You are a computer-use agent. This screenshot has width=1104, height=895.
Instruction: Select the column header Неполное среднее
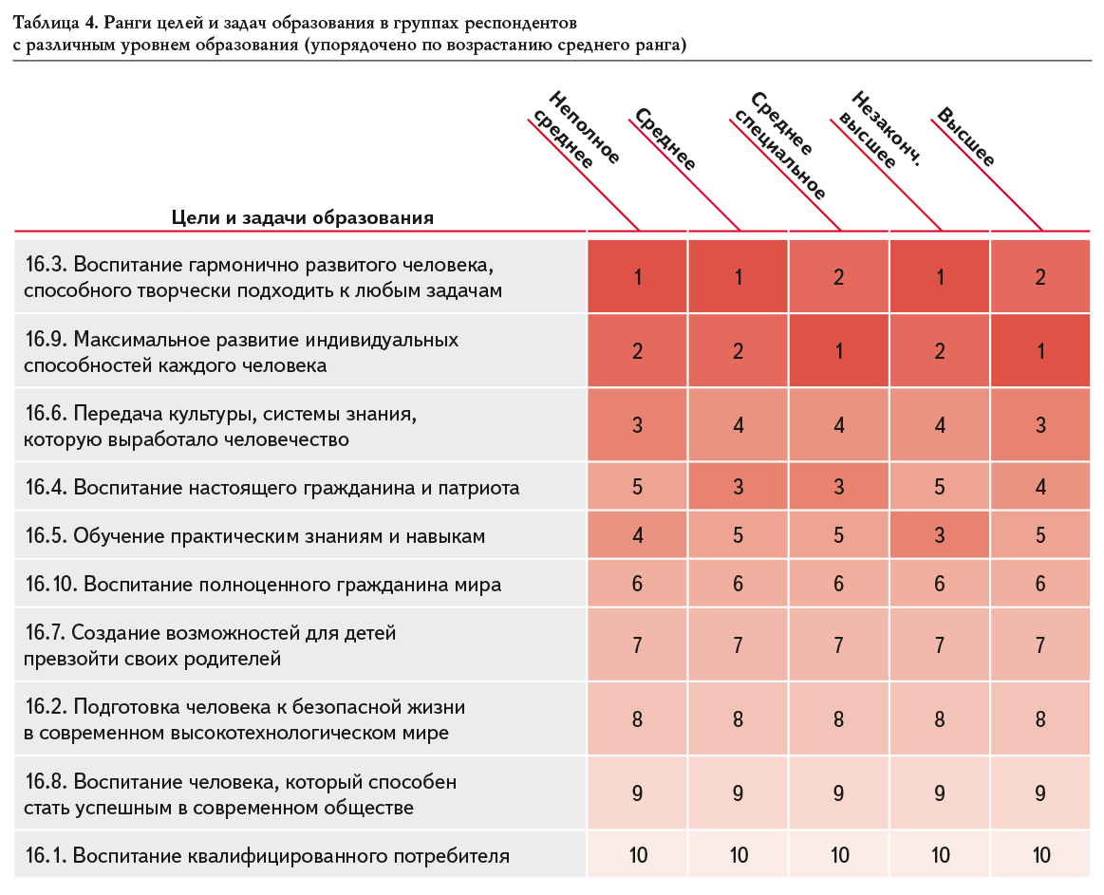coord(576,130)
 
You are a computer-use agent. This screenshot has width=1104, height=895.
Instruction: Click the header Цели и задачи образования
coord(302,217)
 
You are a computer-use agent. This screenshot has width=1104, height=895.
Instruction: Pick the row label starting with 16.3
coord(263,277)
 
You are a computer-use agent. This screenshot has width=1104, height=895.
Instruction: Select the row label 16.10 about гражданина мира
coord(263,585)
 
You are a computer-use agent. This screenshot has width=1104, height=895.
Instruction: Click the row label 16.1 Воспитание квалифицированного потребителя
coord(267,855)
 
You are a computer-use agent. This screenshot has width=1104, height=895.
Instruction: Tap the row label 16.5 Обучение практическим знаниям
coord(254,536)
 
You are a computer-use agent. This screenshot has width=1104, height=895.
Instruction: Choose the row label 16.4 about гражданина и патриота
coord(271,487)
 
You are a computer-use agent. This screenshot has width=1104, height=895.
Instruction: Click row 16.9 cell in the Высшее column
coord(1040,350)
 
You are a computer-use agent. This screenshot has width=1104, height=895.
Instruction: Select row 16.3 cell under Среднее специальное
coord(838,276)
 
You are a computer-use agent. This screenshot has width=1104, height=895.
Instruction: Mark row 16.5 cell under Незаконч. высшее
coord(939,535)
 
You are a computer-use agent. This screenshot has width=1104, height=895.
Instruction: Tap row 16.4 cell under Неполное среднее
coord(637,487)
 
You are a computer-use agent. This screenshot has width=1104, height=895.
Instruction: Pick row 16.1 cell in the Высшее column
coord(1040,855)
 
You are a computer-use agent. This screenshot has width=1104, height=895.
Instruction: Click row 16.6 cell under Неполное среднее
coord(637,424)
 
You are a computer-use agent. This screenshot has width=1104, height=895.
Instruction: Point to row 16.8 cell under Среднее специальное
coord(838,793)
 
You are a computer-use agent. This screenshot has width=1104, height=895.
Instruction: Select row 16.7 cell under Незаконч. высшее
coord(939,644)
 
